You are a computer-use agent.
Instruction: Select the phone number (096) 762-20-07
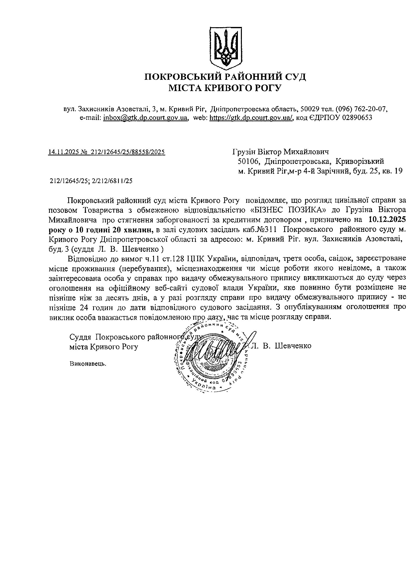point(361,109)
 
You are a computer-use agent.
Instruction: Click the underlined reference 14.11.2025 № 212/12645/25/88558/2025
point(107,152)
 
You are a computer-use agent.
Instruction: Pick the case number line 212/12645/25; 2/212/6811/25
point(91,181)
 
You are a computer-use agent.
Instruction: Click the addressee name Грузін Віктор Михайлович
point(280,152)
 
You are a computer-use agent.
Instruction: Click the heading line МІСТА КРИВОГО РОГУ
point(225,88)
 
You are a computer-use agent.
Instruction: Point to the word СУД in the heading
point(294,77)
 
